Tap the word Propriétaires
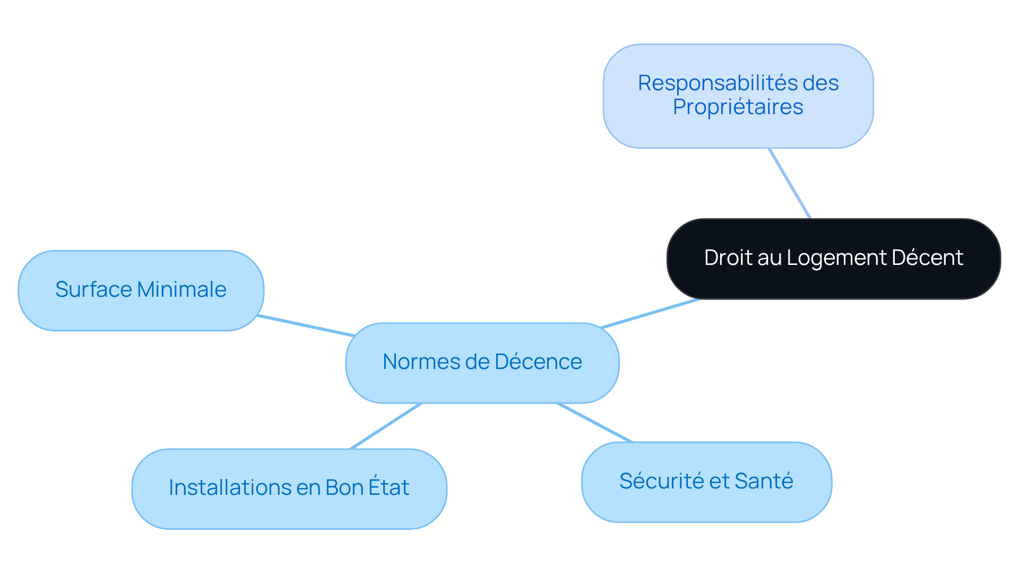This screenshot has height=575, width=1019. coord(738,107)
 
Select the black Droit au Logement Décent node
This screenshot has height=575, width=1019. coord(833,259)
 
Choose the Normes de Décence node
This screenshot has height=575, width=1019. coord(482,363)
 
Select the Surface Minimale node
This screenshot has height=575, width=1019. coord(141,290)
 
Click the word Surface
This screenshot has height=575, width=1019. coord(93,290)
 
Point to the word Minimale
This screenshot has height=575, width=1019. coord(182,290)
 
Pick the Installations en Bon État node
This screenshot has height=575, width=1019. coord(289,488)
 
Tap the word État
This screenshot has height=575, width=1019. coord(388,487)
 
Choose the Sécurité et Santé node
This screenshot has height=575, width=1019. coord(706,482)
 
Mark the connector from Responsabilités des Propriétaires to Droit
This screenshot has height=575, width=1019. coord(789,183)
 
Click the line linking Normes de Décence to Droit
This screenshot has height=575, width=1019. coord(650,314)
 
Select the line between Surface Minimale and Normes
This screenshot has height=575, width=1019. coord(305,326)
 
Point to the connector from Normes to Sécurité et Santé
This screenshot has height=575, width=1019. coord(594,423)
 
